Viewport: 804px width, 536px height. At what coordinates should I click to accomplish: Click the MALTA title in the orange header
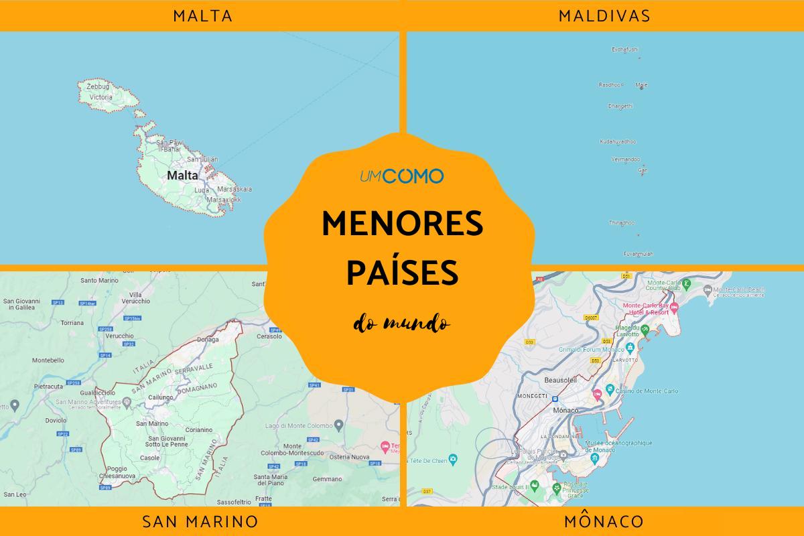pos(202,16)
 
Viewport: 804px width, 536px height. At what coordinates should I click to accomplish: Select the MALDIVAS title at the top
pos(604,16)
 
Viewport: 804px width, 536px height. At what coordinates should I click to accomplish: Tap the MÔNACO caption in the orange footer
pos(604,521)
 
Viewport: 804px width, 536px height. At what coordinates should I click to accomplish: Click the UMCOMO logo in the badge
pos(401,176)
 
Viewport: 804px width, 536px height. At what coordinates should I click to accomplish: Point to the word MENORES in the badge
pos(402,224)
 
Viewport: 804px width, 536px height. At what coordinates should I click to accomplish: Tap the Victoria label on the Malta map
pos(100,97)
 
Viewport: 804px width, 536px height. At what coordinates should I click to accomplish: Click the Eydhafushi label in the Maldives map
pos(625,49)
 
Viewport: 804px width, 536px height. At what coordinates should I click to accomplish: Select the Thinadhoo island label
pos(620,222)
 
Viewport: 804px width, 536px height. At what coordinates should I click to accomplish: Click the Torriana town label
pos(72,322)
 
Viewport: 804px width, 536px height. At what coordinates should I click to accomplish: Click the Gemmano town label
pos(327,479)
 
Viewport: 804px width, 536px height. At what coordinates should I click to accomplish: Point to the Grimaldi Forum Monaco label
pos(590,349)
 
